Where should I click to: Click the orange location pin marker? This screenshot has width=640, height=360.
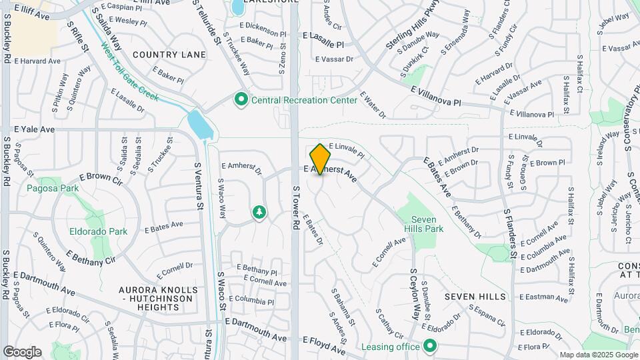321,159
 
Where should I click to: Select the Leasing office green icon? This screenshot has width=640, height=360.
430,346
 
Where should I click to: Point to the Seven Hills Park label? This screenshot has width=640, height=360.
427,224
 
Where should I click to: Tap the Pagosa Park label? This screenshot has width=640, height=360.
53,188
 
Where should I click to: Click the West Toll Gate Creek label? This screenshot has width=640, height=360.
129,72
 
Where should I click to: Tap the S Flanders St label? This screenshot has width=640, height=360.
510,233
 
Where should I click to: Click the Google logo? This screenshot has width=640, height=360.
22,351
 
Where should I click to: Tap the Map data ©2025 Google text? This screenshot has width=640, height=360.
599,355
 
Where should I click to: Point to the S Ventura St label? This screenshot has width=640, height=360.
198,185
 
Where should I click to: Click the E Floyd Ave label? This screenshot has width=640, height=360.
324,345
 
